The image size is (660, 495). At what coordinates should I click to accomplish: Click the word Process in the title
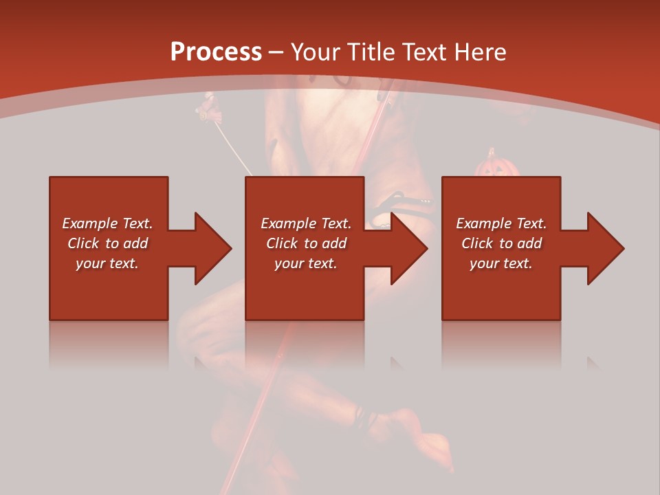(216, 52)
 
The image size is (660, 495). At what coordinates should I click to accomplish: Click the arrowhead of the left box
(212, 248)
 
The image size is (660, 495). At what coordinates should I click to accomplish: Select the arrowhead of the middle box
(408, 248)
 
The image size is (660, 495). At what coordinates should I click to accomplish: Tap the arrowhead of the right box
(605, 248)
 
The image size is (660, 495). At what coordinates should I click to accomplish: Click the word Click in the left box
(83, 243)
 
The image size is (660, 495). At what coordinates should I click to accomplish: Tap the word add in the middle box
(333, 243)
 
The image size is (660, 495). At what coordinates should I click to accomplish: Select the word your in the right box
(484, 263)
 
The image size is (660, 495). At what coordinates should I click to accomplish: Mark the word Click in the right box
(477, 243)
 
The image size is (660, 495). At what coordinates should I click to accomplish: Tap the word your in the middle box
(289, 263)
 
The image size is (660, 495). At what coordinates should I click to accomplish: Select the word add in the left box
(135, 243)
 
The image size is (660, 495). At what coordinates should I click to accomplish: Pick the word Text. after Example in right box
(531, 223)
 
